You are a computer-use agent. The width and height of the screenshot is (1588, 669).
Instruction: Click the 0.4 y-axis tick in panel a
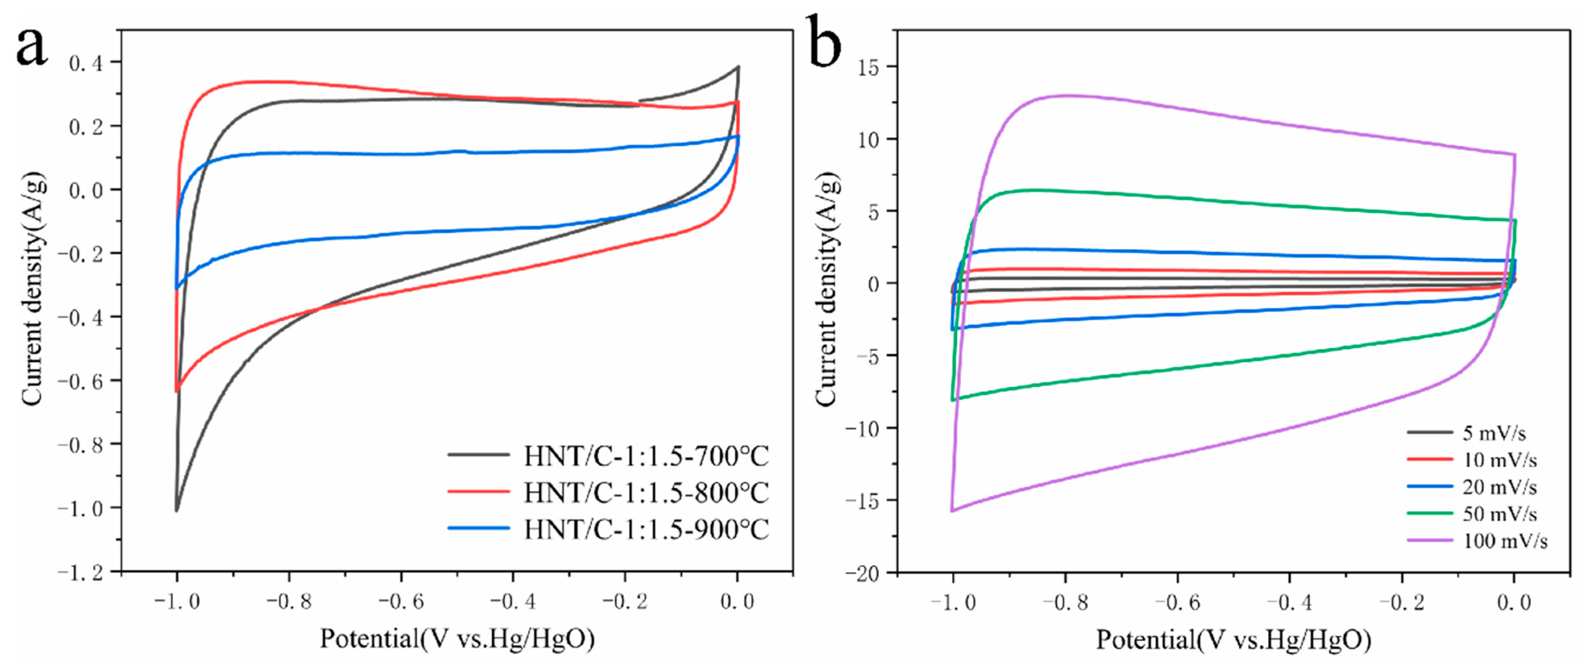click(x=86, y=63)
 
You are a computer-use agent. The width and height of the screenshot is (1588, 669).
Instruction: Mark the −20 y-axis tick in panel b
click(x=861, y=573)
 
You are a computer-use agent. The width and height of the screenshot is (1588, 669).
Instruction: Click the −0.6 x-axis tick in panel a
click(x=401, y=601)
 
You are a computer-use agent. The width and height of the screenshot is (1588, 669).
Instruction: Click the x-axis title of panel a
click(x=457, y=639)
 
